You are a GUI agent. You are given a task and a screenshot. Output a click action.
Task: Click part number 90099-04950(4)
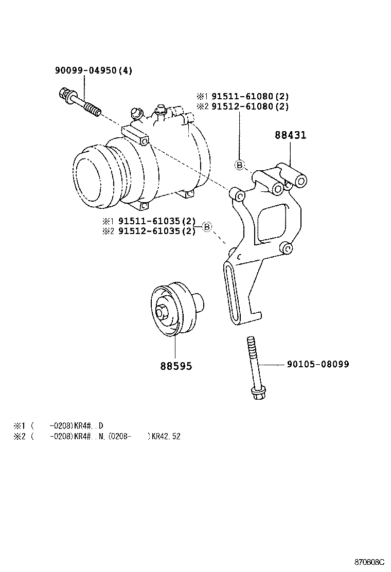[x=93, y=70]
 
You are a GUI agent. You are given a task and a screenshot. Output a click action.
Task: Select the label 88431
[x=290, y=135]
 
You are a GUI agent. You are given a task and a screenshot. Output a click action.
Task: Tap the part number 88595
[x=176, y=366]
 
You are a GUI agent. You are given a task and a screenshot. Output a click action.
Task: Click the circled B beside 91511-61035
[x=206, y=226]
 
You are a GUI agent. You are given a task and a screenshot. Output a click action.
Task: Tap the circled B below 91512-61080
[x=239, y=165]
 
